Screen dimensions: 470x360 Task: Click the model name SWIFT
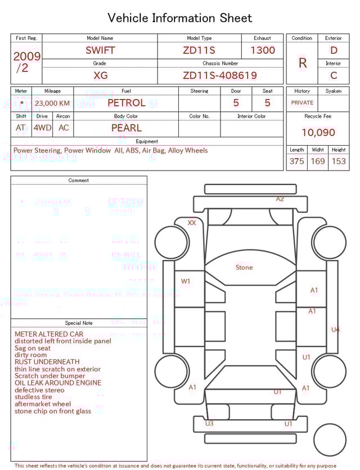(100, 50)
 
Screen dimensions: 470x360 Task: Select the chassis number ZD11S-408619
(220, 75)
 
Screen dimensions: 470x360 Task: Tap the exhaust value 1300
(263, 50)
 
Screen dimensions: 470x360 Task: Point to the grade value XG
(100, 75)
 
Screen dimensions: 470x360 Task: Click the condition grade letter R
(303, 63)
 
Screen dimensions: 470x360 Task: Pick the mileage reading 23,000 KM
(52, 104)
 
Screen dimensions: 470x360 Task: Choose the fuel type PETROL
(127, 103)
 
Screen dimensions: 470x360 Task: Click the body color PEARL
(127, 128)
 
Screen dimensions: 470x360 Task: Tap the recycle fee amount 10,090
(318, 133)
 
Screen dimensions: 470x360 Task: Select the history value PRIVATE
(302, 103)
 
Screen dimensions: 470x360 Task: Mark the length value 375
(296, 162)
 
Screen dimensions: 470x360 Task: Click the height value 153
(339, 162)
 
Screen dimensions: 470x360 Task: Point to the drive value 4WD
(42, 128)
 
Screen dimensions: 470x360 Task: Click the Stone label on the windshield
(244, 267)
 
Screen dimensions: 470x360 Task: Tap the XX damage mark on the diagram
(192, 223)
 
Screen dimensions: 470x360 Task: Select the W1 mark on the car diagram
(186, 281)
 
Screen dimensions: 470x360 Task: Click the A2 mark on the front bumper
(280, 199)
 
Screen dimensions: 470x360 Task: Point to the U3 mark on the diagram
(209, 423)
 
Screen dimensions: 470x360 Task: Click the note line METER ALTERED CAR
(49, 334)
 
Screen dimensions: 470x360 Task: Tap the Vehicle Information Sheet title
(180, 18)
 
